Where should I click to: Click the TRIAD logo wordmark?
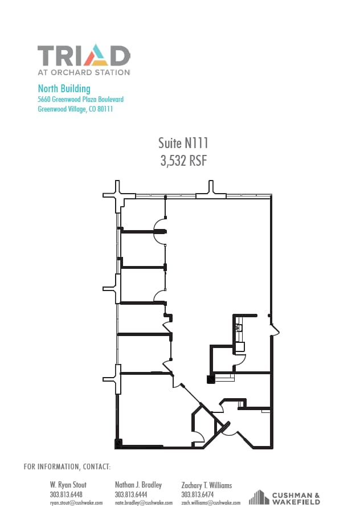point(84,56)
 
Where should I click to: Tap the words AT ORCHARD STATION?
point(84,73)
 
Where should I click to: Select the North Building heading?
point(64,88)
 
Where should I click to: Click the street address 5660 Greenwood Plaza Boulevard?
point(80,99)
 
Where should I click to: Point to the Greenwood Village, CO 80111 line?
point(75,109)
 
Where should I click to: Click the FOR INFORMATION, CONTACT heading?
point(67,467)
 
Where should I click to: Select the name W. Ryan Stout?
point(68,485)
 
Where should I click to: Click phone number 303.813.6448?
point(66,494)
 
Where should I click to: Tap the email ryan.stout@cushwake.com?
point(76,503)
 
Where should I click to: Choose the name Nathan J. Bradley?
point(138,485)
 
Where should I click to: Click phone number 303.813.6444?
point(131,494)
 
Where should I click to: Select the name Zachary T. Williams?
point(206,485)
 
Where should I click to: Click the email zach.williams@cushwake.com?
point(211,503)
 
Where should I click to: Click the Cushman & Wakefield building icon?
point(259,498)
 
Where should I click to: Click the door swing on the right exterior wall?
point(275,330)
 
